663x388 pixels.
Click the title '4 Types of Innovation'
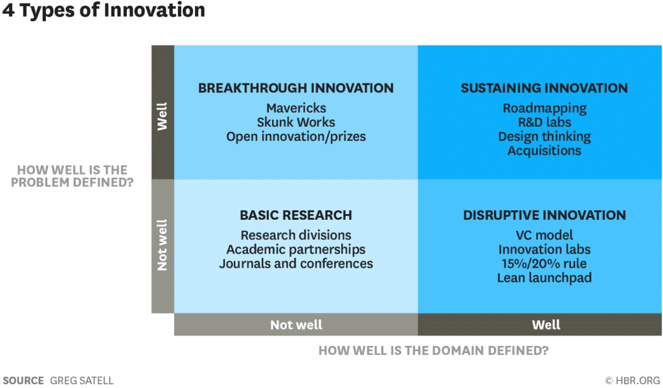coord(104,11)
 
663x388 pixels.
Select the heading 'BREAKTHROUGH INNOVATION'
coord(296,88)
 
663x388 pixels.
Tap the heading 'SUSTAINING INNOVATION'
coord(544,88)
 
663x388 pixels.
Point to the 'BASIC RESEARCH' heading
coord(296,215)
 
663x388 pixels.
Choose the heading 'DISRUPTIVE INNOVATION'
coord(544,215)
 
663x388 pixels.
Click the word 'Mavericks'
coord(296,108)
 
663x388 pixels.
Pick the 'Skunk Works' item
coord(296,122)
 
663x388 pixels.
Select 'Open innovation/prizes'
coord(296,136)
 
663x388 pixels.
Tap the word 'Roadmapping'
coord(544,108)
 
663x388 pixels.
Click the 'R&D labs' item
coord(544,122)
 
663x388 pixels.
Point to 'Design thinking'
coord(544,136)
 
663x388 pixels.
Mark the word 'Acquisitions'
coord(544,151)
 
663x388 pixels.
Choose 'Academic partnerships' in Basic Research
coord(296,249)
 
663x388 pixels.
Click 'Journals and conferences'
coord(296,263)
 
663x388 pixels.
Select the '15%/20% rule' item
coord(544,263)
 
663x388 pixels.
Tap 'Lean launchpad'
coord(544,277)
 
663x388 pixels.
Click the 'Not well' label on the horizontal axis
coord(296,325)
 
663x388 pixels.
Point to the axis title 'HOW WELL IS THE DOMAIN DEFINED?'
coord(433,351)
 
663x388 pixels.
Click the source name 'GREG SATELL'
coord(82,380)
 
